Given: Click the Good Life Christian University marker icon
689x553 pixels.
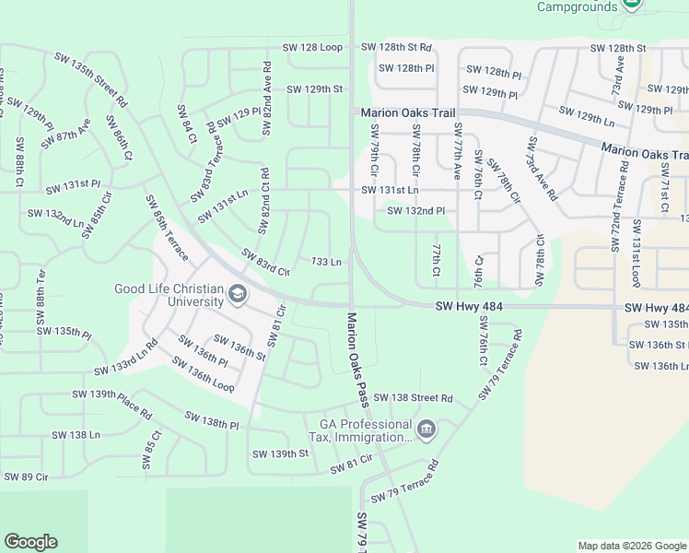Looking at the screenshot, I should pyautogui.click(x=237, y=294).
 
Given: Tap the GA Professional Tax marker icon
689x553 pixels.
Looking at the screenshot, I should pyautogui.click(x=426, y=429).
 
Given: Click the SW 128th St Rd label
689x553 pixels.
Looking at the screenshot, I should pyautogui.click(x=396, y=47).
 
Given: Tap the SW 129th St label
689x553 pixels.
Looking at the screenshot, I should pyautogui.click(x=314, y=89).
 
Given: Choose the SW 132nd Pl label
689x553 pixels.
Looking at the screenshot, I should pyautogui.click(x=416, y=211).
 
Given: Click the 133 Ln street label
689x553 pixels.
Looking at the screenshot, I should pyautogui.click(x=327, y=262).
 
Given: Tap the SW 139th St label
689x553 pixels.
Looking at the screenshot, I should pyautogui.click(x=279, y=453).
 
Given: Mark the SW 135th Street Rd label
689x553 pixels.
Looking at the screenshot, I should pyautogui.click(x=90, y=79).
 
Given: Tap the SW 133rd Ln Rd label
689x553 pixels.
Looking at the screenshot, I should pyautogui.click(x=125, y=358).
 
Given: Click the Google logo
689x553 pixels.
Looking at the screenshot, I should pyautogui.click(x=30, y=542).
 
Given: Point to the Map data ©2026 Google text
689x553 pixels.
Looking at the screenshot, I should pyautogui.click(x=632, y=546).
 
